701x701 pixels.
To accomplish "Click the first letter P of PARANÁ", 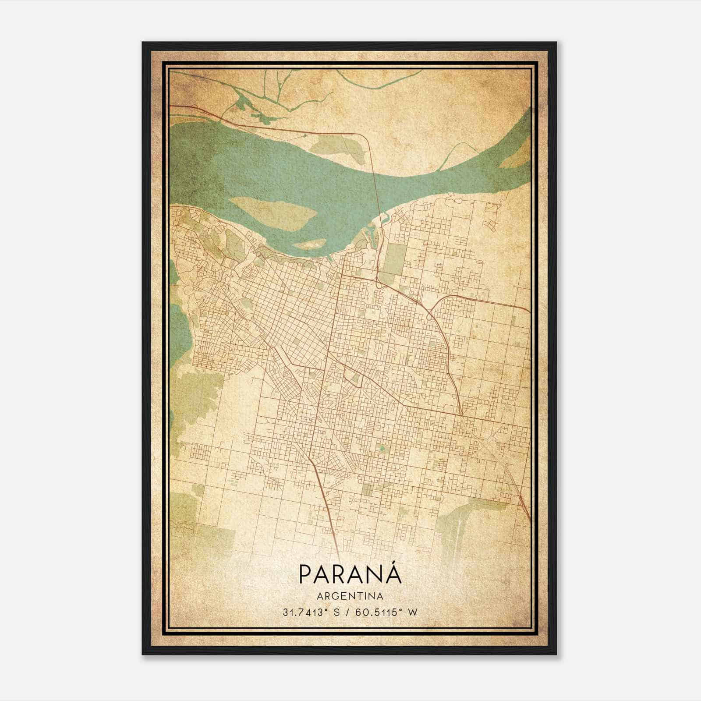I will [305, 574].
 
